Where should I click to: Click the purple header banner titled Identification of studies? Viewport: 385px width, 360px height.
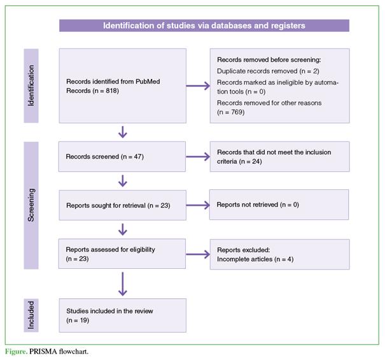[204, 25]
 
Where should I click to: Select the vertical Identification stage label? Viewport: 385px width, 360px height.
[31, 85]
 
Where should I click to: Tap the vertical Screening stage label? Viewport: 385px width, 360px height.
[31, 205]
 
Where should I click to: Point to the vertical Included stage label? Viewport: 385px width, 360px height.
[31, 315]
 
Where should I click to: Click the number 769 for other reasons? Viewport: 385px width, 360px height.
[237, 112]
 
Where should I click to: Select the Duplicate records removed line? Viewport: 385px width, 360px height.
[268, 71]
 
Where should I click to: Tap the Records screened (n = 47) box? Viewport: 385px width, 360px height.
[122, 157]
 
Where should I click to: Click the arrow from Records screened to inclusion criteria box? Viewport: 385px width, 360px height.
[198, 157]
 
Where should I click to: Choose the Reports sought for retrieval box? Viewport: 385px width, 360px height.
[123, 205]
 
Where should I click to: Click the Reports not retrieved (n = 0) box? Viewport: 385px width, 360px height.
[279, 205]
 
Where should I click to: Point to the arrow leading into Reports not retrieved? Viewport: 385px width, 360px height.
[198, 205]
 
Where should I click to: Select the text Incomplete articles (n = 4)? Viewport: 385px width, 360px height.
[255, 259]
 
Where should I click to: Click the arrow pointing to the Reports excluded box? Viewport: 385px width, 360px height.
[198, 254]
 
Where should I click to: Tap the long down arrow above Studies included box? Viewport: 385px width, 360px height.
[123, 284]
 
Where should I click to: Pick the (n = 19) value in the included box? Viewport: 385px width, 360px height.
[78, 320]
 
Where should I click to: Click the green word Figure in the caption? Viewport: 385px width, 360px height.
[16, 351]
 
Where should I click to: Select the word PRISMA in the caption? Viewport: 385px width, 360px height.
[43, 351]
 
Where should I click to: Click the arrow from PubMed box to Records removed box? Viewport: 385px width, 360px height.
[198, 86]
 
